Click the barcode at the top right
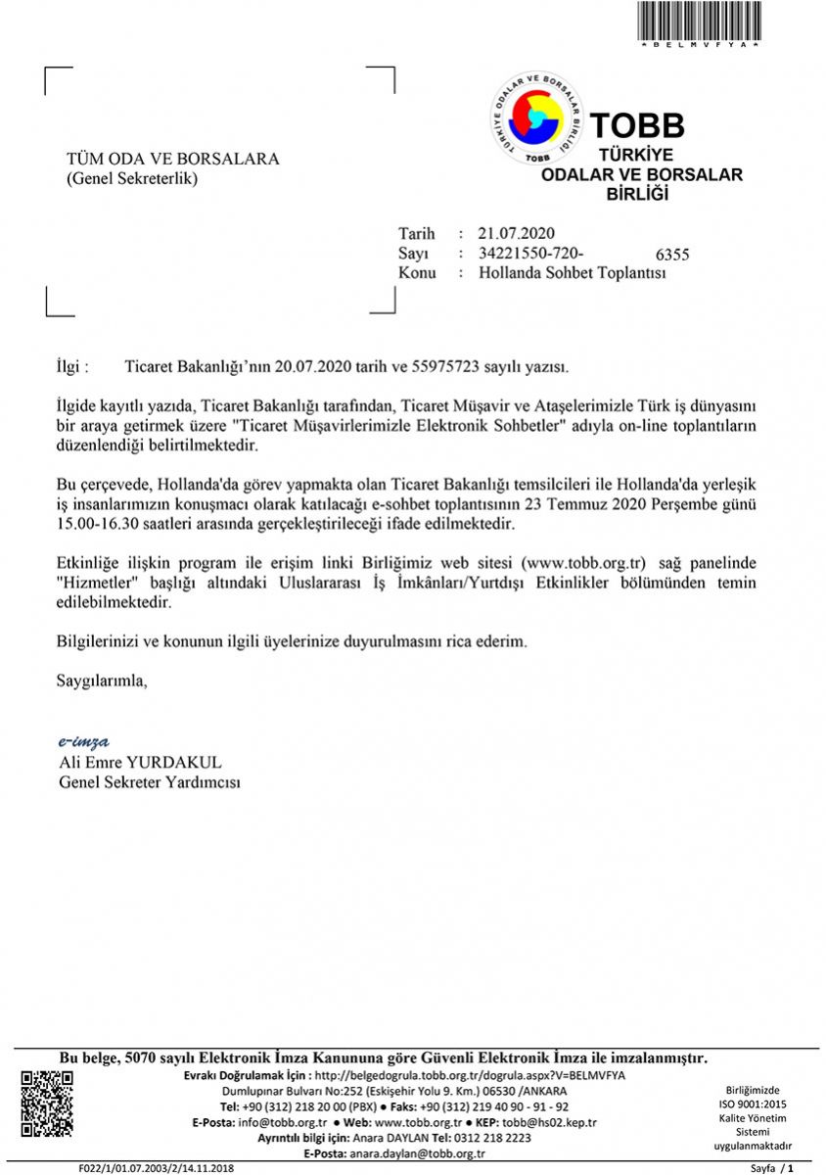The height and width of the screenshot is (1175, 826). coord(699,22)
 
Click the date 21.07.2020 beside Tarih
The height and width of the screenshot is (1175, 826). coord(517,233)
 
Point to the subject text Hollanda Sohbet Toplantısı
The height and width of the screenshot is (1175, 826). coord(573,273)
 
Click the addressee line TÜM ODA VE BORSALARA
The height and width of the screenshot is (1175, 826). coord(172,159)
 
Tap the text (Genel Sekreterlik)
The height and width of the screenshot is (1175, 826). coord(132,179)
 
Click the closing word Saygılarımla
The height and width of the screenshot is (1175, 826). coord(102,680)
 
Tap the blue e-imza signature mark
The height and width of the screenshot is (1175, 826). coord(84,741)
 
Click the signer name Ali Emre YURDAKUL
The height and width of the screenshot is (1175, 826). coord(140,762)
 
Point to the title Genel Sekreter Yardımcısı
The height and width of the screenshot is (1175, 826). coord(150,782)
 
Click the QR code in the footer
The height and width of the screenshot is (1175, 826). coord(47,1104)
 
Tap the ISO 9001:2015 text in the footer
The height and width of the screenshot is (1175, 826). coord(752,1104)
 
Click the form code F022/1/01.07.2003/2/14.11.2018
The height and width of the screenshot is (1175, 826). coord(157,1168)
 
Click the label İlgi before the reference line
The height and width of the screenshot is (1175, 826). coord(71,367)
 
